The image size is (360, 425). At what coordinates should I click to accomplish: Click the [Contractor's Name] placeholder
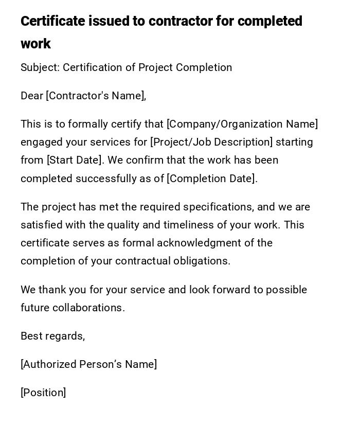point(96,96)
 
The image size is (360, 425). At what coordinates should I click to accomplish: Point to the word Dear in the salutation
point(32,96)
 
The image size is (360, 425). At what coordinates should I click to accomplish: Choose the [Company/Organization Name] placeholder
point(242,124)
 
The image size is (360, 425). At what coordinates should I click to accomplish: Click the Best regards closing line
point(52,336)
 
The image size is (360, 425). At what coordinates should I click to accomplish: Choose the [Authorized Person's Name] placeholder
point(88,364)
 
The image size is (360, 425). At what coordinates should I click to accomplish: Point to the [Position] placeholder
point(43,393)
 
